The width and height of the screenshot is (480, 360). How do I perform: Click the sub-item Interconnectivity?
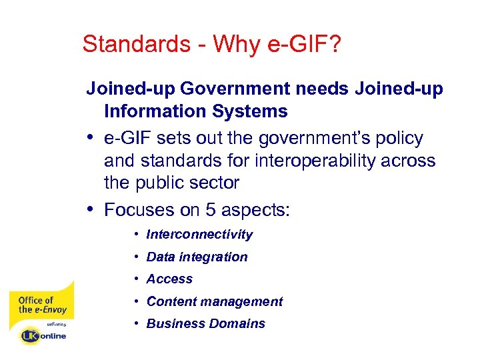[199, 235]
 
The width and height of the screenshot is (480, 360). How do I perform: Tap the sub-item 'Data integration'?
[197, 257]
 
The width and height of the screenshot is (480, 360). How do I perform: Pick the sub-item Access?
[169, 279]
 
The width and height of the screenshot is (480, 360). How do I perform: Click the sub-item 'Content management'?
[215, 301]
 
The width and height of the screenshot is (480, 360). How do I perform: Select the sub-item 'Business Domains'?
[205, 324]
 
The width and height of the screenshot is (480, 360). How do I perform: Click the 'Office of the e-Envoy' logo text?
[42, 305]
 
